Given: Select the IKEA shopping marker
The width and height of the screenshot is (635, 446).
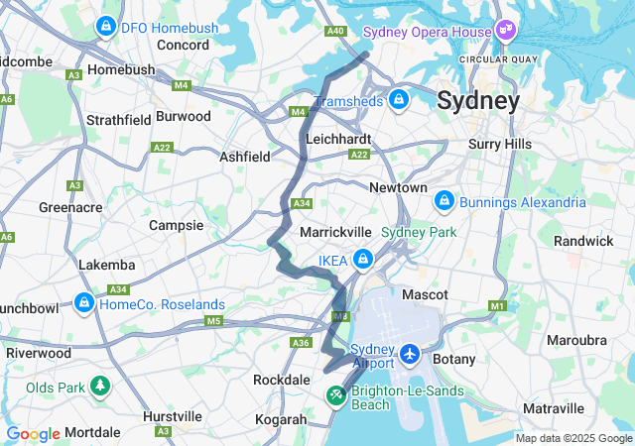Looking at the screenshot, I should coord(364,260).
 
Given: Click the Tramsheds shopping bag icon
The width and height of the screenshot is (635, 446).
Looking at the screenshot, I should coord(398,99).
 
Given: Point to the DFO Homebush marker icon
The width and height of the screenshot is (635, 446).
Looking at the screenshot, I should coord(104,27).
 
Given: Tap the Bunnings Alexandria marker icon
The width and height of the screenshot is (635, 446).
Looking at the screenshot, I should coord(445,202).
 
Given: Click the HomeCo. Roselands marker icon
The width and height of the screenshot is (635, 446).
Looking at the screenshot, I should coord(84,303).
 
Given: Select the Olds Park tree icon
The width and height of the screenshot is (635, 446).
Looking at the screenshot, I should coord(100,386).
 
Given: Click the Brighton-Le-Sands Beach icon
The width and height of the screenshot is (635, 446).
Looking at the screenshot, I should coord(336,396).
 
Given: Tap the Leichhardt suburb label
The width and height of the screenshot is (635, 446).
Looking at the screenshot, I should coord(338,140).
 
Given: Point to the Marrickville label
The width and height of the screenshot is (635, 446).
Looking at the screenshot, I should coord(335,231).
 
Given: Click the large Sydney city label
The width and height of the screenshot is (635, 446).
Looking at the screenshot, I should coord(478,101).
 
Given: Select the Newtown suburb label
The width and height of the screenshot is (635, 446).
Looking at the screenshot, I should coord(398,187).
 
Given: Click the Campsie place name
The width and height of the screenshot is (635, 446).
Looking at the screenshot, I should coord(176,225).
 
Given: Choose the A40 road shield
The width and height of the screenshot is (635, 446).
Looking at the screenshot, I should coord(335,32).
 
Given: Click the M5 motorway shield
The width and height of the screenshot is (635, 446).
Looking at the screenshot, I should coord(213,321).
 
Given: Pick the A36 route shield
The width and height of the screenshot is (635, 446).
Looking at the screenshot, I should coord(301,342).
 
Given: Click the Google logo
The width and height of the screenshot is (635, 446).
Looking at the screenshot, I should coord(33,434).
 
